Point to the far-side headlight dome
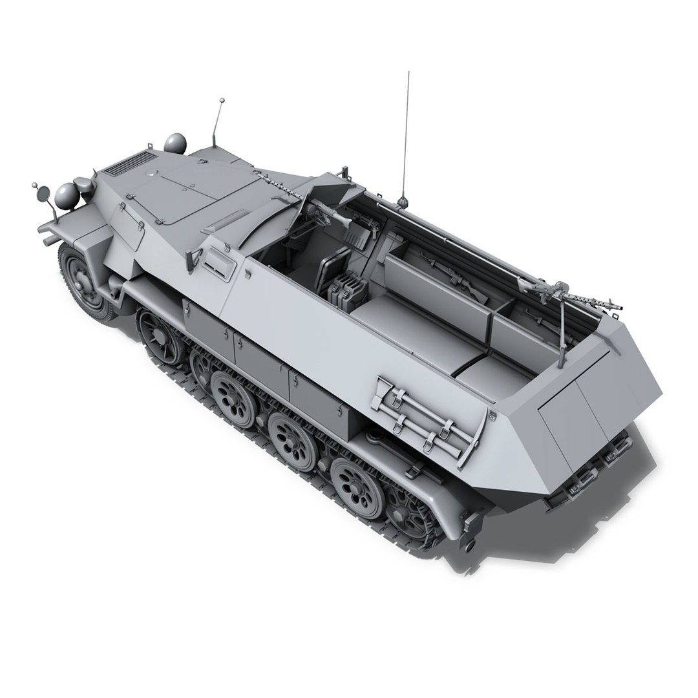pyautogui.click(x=174, y=143)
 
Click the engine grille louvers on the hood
pyautogui.click(x=130, y=164)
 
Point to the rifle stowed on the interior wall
pyautogui.click(x=452, y=271)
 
